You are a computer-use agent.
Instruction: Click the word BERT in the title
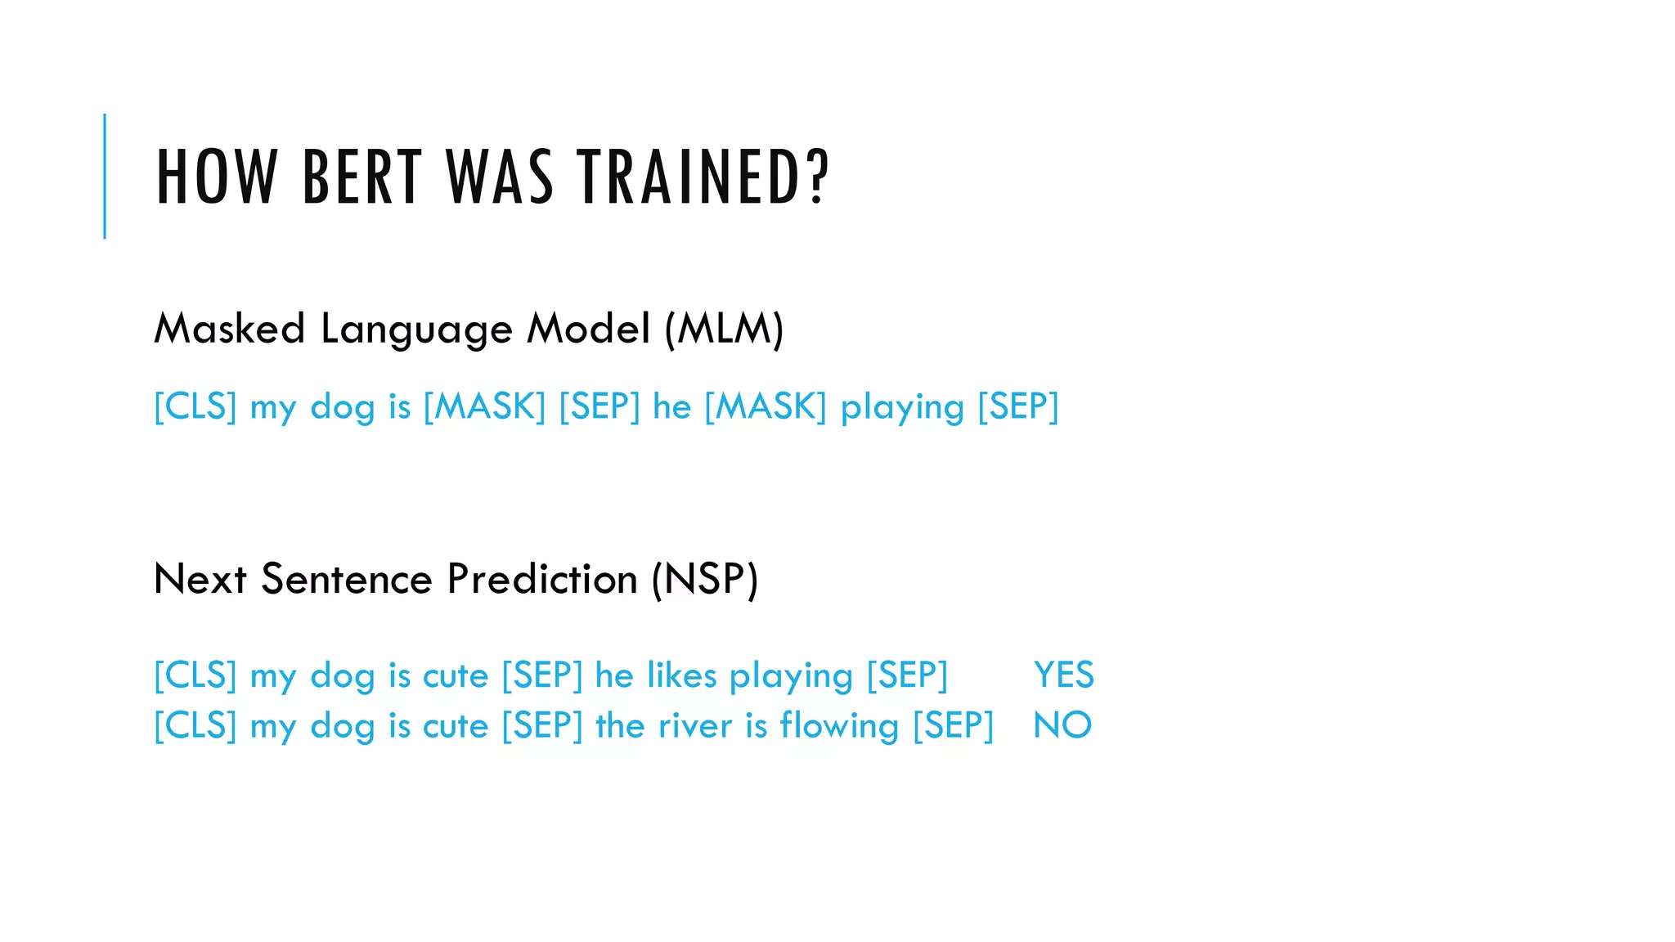(x=362, y=177)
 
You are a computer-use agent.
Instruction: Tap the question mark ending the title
(x=817, y=177)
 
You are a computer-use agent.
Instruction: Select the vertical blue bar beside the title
(x=105, y=177)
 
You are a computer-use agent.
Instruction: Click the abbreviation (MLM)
(x=724, y=329)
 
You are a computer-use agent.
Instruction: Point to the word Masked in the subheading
(x=230, y=329)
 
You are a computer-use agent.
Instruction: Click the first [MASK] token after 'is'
(x=484, y=406)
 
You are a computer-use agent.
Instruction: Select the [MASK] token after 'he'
(x=766, y=406)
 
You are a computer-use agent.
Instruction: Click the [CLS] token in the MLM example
(x=195, y=406)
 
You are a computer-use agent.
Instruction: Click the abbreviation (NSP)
(x=705, y=579)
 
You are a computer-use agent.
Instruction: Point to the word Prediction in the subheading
(x=542, y=579)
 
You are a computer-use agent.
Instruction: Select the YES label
(x=1063, y=675)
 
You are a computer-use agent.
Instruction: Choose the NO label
(x=1062, y=725)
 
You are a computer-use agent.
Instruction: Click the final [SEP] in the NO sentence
(x=953, y=725)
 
